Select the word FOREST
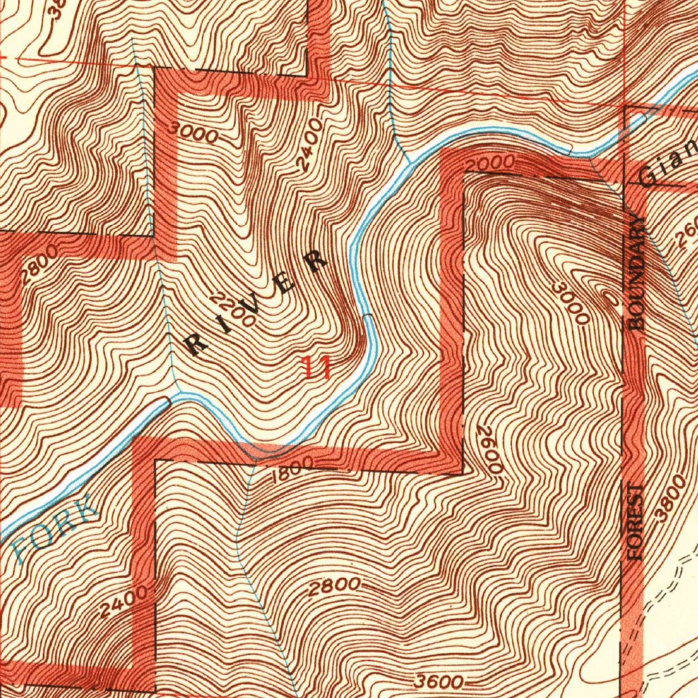637,522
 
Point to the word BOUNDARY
637,273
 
